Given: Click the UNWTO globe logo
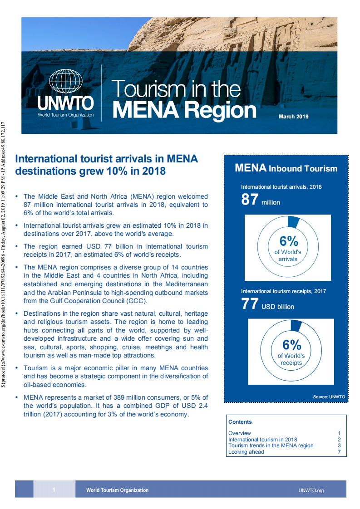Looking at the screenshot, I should point(66,83).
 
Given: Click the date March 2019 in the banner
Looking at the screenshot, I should point(293,117).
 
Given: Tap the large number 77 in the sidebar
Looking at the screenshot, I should point(250,304).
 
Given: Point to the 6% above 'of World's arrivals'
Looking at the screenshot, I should point(288,241).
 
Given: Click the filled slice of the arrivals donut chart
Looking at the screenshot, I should point(293,222).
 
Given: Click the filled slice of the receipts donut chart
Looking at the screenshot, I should point(296,326).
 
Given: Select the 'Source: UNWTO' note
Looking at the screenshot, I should point(329,397).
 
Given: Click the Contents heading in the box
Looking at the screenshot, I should point(240,422).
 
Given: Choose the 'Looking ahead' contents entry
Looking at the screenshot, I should point(246,452).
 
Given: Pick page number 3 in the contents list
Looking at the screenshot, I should point(339,445).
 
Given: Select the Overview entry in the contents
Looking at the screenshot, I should point(240,433).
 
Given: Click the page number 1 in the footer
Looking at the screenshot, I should point(54,490).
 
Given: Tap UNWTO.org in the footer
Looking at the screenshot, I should point(311,490).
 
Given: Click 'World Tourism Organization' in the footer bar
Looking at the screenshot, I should point(117,490).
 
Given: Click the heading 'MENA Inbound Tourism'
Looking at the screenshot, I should point(286,169).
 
